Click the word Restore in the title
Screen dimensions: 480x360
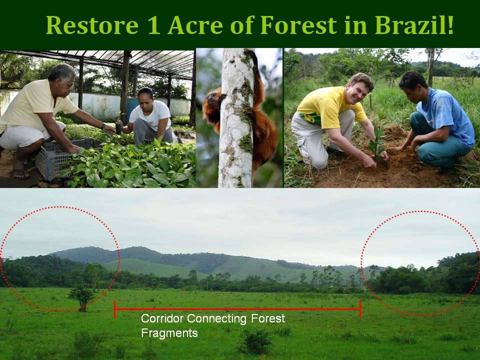[x=92, y=25]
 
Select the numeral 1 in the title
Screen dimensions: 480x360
[x=153, y=25]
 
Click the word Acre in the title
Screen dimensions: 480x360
[x=195, y=25]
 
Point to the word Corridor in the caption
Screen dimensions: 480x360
[x=162, y=318]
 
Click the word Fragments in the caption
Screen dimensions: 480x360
[x=169, y=333]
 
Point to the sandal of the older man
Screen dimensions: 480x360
[x=20, y=173]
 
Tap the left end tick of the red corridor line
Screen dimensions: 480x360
[x=115, y=309]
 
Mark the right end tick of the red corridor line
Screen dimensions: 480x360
[x=360, y=309]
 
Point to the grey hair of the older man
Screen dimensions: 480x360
[x=61, y=72]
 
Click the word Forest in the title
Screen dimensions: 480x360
[x=298, y=25]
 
